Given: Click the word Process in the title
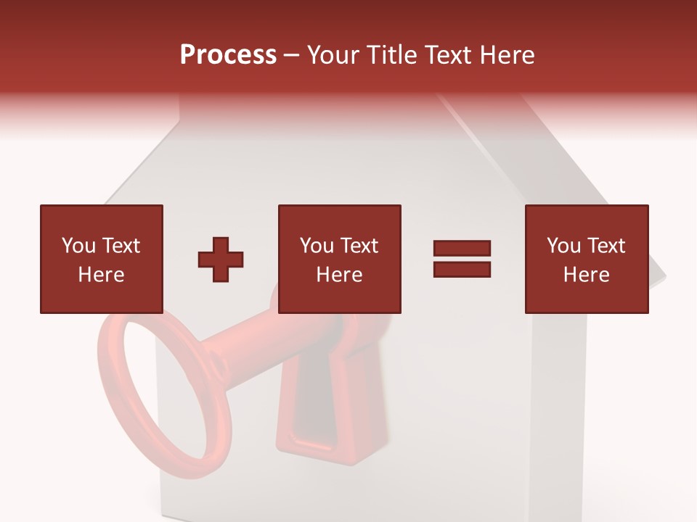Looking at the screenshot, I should click(x=228, y=55).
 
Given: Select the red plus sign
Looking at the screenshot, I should click(x=221, y=260).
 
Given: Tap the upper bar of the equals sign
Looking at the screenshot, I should click(x=462, y=249).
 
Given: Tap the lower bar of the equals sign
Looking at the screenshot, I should click(x=462, y=270).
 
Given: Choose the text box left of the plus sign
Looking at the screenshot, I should click(x=101, y=259).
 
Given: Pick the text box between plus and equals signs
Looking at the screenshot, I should click(x=339, y=259).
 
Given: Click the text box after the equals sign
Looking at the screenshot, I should click(x=586, y=259).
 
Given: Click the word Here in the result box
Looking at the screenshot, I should click(x=586, y=275).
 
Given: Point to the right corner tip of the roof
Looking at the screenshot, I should click(x=664, y=276).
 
